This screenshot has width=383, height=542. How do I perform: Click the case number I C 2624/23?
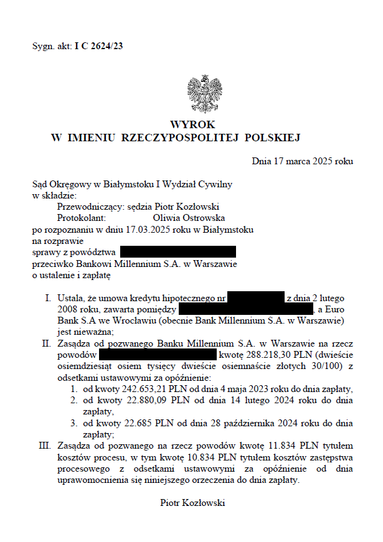[98, 46]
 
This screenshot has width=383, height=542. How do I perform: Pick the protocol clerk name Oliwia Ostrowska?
[189, 218]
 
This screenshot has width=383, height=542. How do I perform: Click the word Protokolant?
[82, 218]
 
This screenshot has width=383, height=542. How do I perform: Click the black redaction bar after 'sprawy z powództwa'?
[178, 252]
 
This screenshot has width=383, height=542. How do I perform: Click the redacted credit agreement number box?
[256, 298]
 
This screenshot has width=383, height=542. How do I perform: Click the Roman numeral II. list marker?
[46, 343]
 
